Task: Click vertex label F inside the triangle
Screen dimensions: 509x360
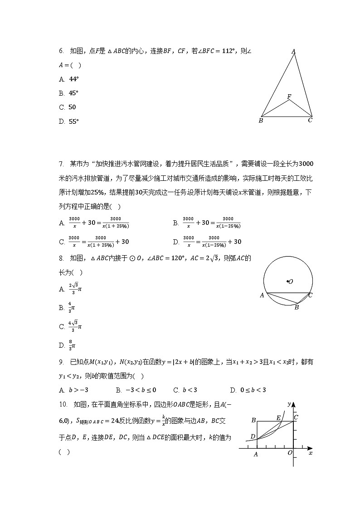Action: [x=289, y=97]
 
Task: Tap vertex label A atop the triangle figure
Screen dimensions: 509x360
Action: [x=293, y=52]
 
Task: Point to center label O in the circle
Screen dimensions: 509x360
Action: [x=290, y=281]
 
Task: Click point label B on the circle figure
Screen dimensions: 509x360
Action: [x=297, y=307]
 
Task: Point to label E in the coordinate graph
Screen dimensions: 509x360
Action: [x=278, y=417]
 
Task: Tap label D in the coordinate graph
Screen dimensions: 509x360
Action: [x=253, y=436]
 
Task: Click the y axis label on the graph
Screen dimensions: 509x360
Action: [x=289, y=403]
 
